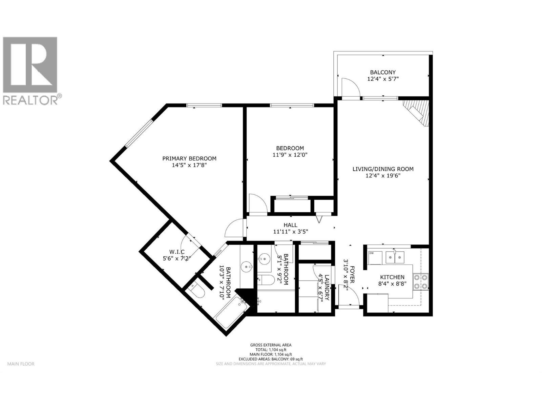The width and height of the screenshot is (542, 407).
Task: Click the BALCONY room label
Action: tap(383, 72)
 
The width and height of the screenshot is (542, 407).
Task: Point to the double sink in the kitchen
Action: tap(395, 258)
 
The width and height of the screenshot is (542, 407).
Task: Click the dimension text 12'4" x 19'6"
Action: tap(383, 176)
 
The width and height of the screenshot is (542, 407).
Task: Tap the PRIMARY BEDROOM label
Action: tap(189, 158)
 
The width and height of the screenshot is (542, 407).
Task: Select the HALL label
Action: tap(290, 225)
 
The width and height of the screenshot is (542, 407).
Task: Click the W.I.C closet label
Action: tap(176, 252)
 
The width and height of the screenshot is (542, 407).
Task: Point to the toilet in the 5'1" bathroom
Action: tap(266, 280)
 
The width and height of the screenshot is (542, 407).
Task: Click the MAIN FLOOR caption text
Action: tap(21, 364)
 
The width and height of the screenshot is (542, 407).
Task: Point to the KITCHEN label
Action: tap(392, 277)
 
